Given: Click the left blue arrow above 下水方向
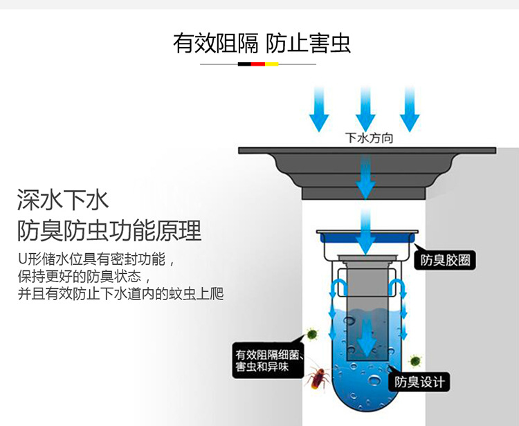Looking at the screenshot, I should click(x=319, y=109).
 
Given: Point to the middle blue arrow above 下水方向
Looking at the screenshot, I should click(x=365, y=109).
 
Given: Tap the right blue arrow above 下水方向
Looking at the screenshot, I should click(x=410, y=109).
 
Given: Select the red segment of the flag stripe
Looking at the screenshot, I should click(x=257, y=64).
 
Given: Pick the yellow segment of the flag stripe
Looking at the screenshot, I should click(x=271, y=64).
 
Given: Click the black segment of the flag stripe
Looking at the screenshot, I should click(x=244, y=64).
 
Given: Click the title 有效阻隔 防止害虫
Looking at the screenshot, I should click(x=262, y=43).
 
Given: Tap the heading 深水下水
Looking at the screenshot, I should click(x=63, y=200).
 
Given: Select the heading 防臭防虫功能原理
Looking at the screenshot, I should click(x=109, y=230).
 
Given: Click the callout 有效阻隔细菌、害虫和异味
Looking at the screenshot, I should click(x=268, y=360).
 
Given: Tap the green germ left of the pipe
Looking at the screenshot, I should click(x=313, y=334).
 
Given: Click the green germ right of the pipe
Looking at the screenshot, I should click(x=415, y=360).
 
